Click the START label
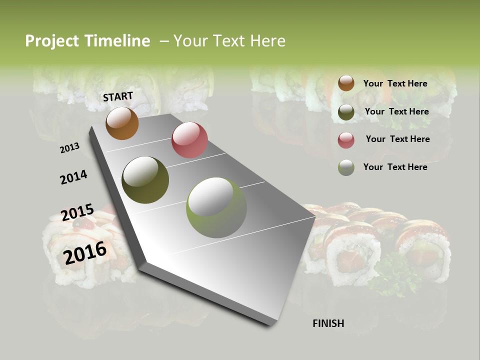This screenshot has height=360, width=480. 118,96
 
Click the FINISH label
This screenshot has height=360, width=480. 328,323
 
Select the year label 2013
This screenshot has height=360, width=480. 69,148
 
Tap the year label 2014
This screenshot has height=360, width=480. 73,177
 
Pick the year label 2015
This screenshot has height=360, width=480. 77,213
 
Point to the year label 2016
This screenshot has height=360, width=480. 85,253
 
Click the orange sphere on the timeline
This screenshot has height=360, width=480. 122,123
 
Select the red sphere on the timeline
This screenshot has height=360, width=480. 189,140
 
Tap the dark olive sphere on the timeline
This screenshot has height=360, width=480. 145,180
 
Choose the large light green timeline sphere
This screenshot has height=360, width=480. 216,207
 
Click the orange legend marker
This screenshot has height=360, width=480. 346,83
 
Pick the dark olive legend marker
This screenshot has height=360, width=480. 346,112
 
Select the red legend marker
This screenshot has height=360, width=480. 346,140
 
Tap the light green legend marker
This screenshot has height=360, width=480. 346,167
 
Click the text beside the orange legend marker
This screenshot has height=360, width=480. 395,83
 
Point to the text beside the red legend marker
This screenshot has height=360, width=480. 397,139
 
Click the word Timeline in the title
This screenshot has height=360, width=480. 118,41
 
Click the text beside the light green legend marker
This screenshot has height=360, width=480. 395,167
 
